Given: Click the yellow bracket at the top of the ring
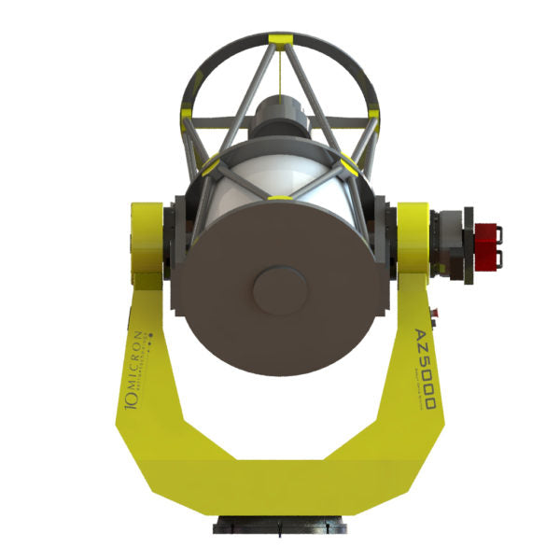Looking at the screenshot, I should click(279, 40).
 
